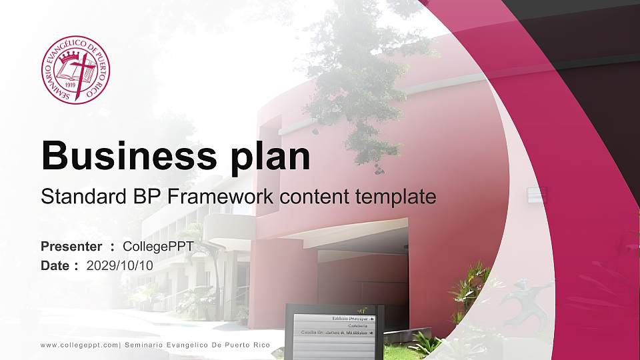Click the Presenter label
(x=71, y=247)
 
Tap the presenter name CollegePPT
(x=158, y=247)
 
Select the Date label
(x=55, y=265)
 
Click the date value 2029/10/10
(x=120, y=265)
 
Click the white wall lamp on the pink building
(x=537, y=195)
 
